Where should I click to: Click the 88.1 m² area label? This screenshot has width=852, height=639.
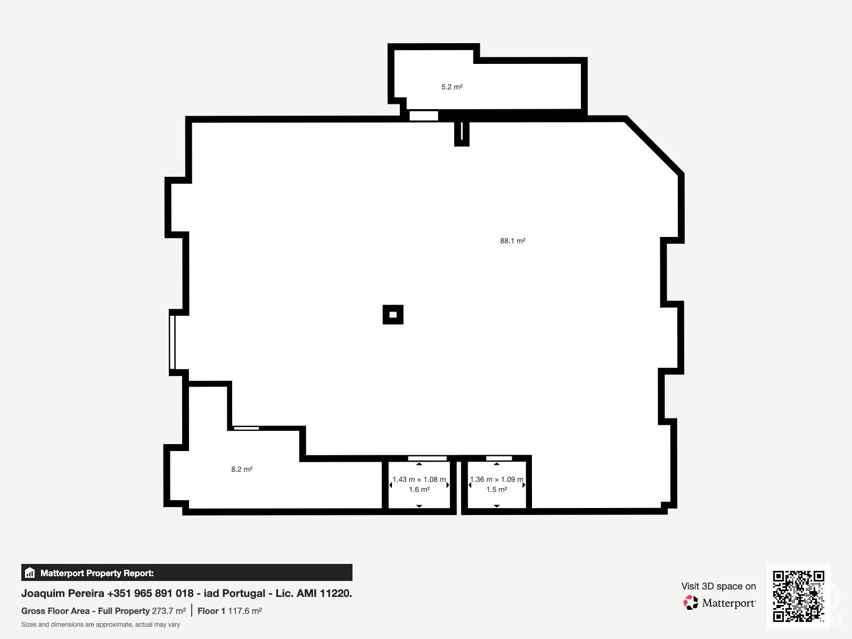512,241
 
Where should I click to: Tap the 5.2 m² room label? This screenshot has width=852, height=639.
452,87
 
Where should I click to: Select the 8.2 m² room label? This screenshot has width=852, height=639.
242,469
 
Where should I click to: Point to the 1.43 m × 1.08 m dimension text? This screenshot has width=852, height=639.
419,480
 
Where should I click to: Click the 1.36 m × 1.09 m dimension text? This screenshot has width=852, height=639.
496,480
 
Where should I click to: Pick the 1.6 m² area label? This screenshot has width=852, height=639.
419,489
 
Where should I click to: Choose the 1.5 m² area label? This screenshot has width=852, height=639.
497,489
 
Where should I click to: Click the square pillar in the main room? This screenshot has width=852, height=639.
393,314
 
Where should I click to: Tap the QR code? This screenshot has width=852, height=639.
798,596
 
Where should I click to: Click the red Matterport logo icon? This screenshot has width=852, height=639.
691,603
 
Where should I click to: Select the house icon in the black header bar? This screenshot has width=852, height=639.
30,572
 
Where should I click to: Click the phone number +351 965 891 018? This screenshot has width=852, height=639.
151,593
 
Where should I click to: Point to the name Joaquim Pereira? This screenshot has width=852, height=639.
62,593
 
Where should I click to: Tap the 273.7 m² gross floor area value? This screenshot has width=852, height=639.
169,611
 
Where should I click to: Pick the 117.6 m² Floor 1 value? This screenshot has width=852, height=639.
245,611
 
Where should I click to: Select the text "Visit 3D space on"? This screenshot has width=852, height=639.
718,586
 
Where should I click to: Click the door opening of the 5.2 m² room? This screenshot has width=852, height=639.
424,116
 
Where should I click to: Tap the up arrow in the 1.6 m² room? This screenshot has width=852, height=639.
419,464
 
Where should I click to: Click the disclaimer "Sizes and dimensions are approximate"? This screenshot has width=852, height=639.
101,625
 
